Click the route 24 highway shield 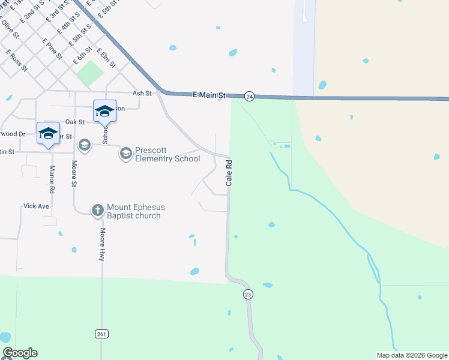(x=250, y=96)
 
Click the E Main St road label (x=209, y=95)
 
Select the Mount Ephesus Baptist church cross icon (x=97, y=210)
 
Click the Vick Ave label (x=36, y=205)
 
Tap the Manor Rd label (x=52, y=179)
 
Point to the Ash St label (x=142, y=93)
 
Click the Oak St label (x=75, y=122)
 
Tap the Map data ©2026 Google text (x=412, y=355)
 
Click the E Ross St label (x=17, y=62)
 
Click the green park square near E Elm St (x=90, y=73)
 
